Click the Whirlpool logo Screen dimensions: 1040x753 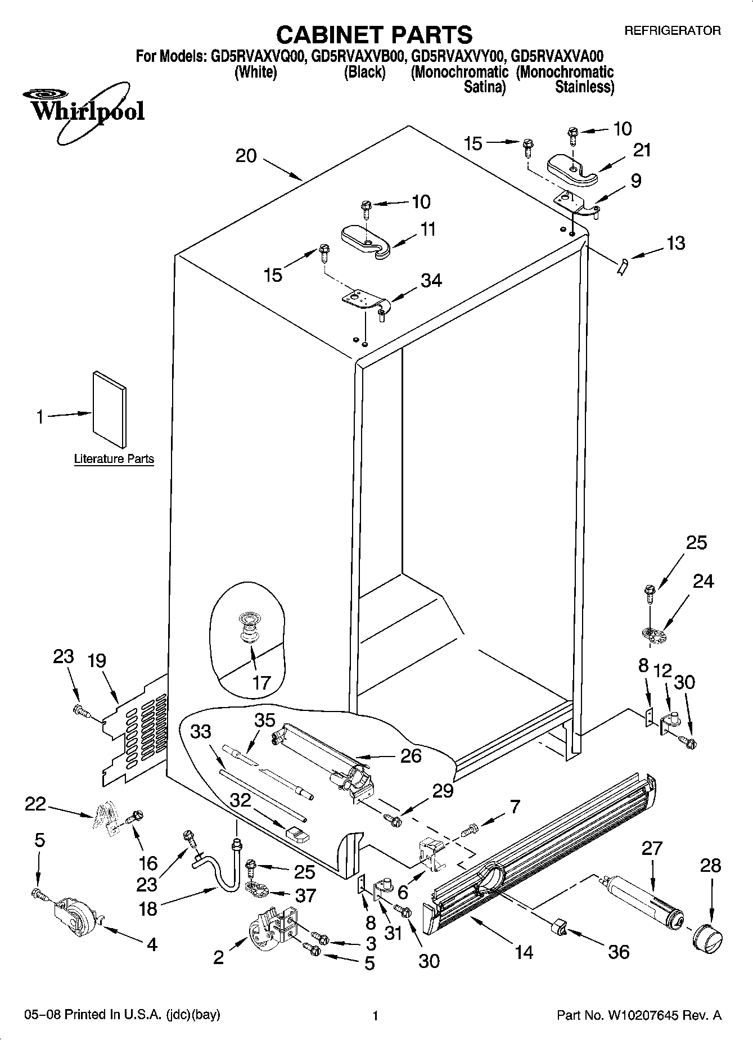84,110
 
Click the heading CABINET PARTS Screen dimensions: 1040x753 375,34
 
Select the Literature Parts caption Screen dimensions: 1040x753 114,459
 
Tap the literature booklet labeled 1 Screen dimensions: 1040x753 110,409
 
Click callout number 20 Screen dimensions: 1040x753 246,156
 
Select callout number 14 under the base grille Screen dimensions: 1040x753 524,952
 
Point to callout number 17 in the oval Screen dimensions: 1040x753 261,682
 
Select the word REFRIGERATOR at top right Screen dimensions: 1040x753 673,31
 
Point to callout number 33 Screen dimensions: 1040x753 201,731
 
